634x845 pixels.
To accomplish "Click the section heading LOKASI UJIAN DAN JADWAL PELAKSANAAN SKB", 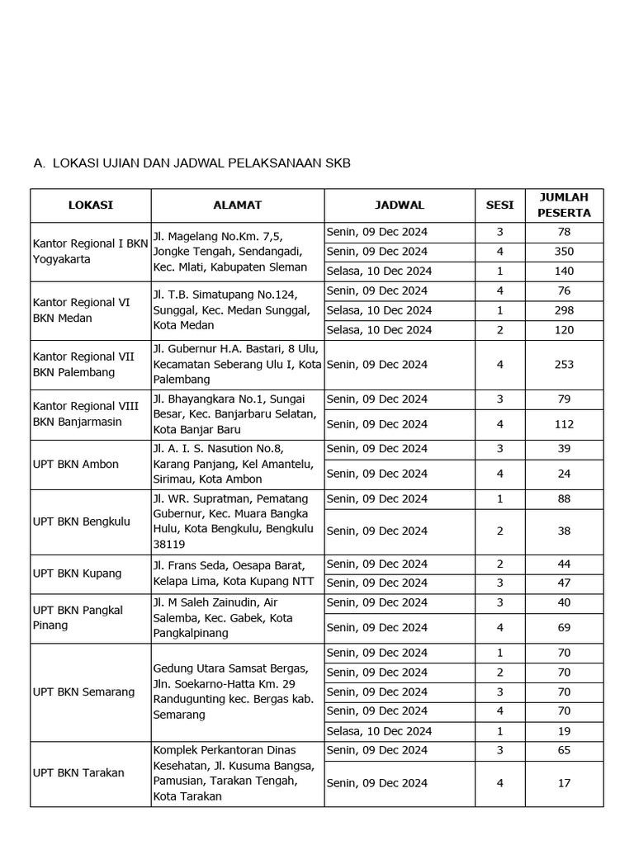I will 201,163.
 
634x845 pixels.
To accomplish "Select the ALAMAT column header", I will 237,205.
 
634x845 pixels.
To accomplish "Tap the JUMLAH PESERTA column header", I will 564,205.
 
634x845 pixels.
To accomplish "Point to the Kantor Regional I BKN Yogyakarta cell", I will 90,251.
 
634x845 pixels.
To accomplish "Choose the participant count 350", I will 564,251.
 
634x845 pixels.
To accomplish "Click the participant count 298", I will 564,310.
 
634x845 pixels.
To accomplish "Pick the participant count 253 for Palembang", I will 564,364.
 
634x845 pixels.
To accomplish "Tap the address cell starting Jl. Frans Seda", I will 229,573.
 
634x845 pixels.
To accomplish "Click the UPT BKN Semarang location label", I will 83,692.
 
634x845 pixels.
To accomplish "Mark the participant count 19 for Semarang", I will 564,731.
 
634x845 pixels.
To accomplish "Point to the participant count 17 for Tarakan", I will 564,783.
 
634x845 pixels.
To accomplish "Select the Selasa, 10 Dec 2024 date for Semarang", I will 379,731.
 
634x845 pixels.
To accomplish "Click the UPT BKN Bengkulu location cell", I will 82,522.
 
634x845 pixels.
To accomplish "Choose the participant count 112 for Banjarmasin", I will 564,424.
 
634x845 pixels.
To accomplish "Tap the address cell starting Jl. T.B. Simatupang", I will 231,310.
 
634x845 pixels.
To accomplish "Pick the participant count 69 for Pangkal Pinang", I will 564,628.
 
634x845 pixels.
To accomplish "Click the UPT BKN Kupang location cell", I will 77,573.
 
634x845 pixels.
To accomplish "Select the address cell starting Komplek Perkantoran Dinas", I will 234,773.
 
